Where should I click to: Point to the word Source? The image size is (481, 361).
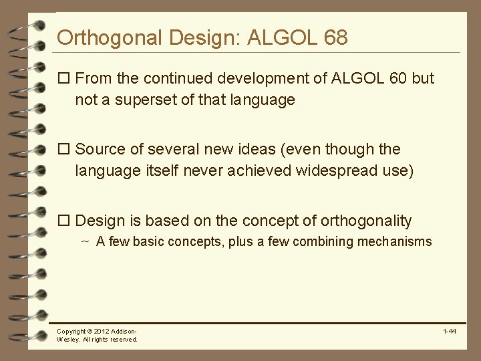pyautogui.click(x=100, y=149)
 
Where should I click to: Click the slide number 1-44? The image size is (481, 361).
pyautogui.click(x=449, y=332)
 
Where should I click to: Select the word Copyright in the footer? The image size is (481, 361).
pyautogui.click(x=71, y=332)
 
